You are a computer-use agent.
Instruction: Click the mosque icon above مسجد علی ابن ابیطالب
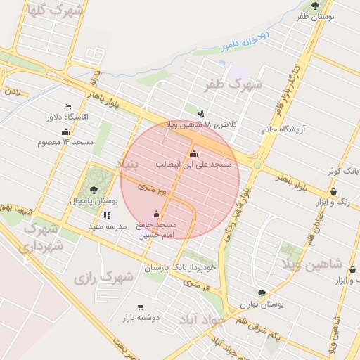tap(193, 154)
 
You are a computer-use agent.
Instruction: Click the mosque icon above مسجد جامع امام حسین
tap(156, 214)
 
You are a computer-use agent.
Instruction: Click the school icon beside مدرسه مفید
tap(107, 216)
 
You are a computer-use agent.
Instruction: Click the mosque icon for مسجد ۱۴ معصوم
tap(65, 131)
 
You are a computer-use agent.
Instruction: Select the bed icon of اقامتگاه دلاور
tap(67, 106)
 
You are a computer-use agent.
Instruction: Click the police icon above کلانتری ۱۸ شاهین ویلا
tap(202, 113)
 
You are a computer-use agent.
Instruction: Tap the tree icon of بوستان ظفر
tap(314, 6)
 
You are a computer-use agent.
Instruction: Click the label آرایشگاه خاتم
tap(281, 129)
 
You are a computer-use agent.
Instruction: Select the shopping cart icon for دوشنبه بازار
tap(141, 307)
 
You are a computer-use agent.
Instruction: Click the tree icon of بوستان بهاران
tap(262, 293)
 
